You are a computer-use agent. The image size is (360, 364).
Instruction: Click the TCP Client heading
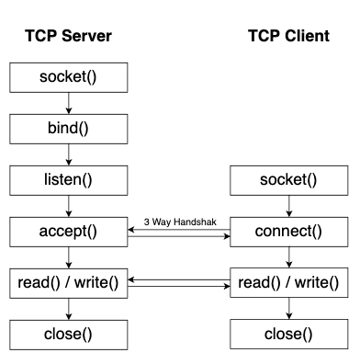coord(288,36)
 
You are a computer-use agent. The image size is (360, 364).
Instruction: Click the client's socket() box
coord(288,178)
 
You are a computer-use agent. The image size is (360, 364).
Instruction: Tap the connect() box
coord(288,230)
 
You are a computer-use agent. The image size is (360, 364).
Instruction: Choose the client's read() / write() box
coord(288,281)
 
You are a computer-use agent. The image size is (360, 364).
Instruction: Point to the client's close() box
coord(288,333)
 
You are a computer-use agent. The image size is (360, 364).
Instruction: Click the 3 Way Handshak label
coord(179,222)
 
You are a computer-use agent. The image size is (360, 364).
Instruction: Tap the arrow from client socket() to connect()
coord(288,204)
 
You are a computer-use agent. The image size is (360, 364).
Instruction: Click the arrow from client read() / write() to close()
coord(288,307)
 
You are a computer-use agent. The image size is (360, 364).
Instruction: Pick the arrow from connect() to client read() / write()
coord(288,256)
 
